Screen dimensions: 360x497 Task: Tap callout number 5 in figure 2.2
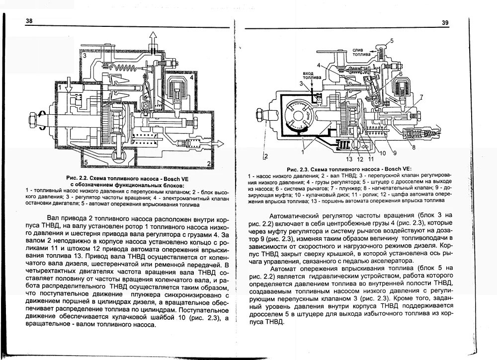pos(86,162)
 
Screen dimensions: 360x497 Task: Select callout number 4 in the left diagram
pos(191,78)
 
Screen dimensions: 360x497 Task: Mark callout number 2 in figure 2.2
pos(209,163)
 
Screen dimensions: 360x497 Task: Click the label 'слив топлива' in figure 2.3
pos(360,52)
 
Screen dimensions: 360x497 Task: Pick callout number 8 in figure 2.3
pos(414,147)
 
